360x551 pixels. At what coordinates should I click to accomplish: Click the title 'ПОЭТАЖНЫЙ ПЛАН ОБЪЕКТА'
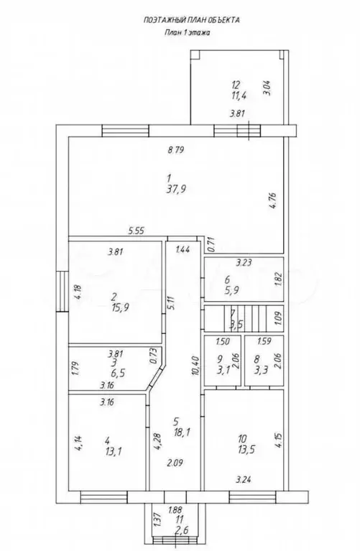(192, 20)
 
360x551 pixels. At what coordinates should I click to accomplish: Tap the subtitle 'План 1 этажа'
(188, 32)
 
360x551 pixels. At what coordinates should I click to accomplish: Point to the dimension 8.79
(176, 150)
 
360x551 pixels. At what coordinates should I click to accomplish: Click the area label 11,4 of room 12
(239, 95)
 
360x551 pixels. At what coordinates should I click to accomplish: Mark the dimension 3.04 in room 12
(267, 88)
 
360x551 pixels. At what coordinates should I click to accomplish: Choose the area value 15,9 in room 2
(120, 307)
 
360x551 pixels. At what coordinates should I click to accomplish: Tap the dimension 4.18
(78, 292)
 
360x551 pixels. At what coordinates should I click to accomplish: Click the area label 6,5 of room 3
(119, 373)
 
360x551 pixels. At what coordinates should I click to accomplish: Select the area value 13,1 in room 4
(114, 451)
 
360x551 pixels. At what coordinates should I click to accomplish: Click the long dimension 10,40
(196, 366)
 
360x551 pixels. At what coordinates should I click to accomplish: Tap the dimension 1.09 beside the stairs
(278, 318)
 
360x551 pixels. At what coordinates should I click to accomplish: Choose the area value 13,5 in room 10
(246, 449)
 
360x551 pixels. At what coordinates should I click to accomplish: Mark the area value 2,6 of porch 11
(181, 530)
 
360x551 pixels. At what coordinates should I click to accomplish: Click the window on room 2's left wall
(63, 292)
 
